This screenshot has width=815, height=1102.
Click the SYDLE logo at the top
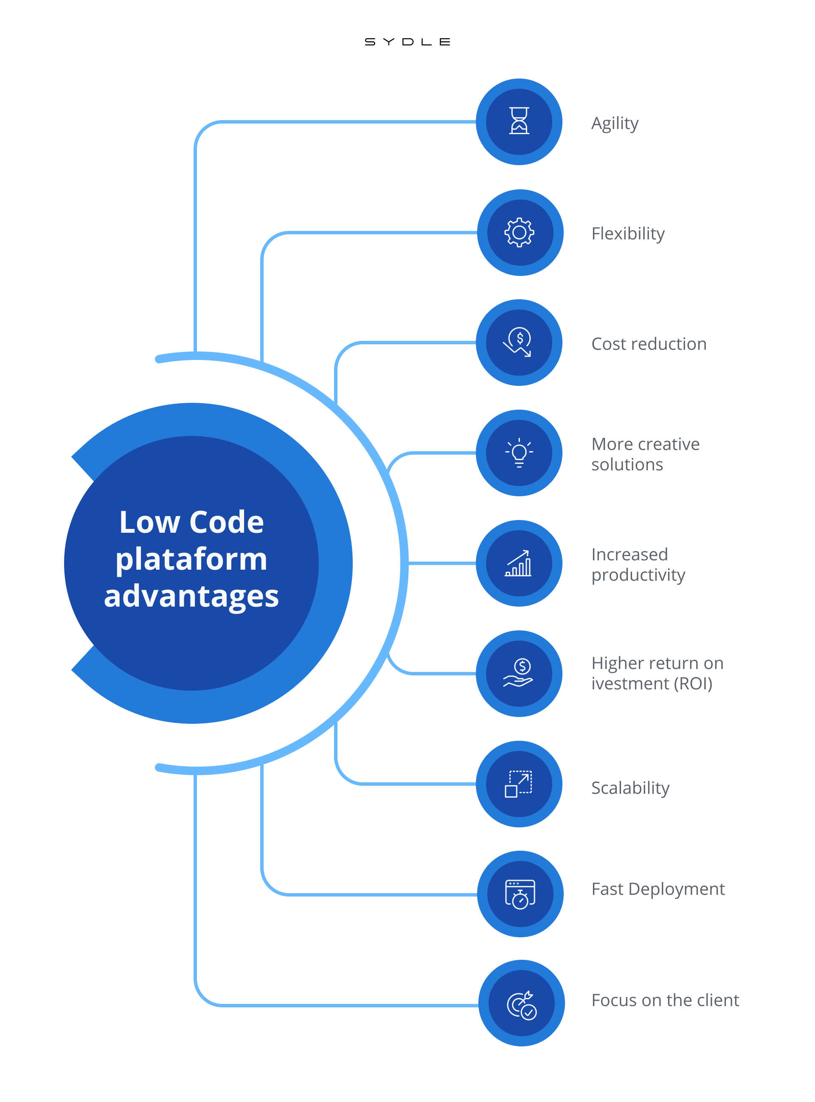407,42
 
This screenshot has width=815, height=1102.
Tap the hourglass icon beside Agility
519,121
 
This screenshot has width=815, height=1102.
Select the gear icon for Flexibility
520,232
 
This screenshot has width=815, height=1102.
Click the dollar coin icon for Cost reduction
517,342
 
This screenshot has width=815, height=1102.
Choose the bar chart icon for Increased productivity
518,563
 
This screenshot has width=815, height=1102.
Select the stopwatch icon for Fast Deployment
520,894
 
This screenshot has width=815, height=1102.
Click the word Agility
615,124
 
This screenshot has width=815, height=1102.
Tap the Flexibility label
628,233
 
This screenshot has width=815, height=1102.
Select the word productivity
638,575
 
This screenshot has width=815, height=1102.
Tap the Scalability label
630,788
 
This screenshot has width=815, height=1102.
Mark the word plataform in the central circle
191,560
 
